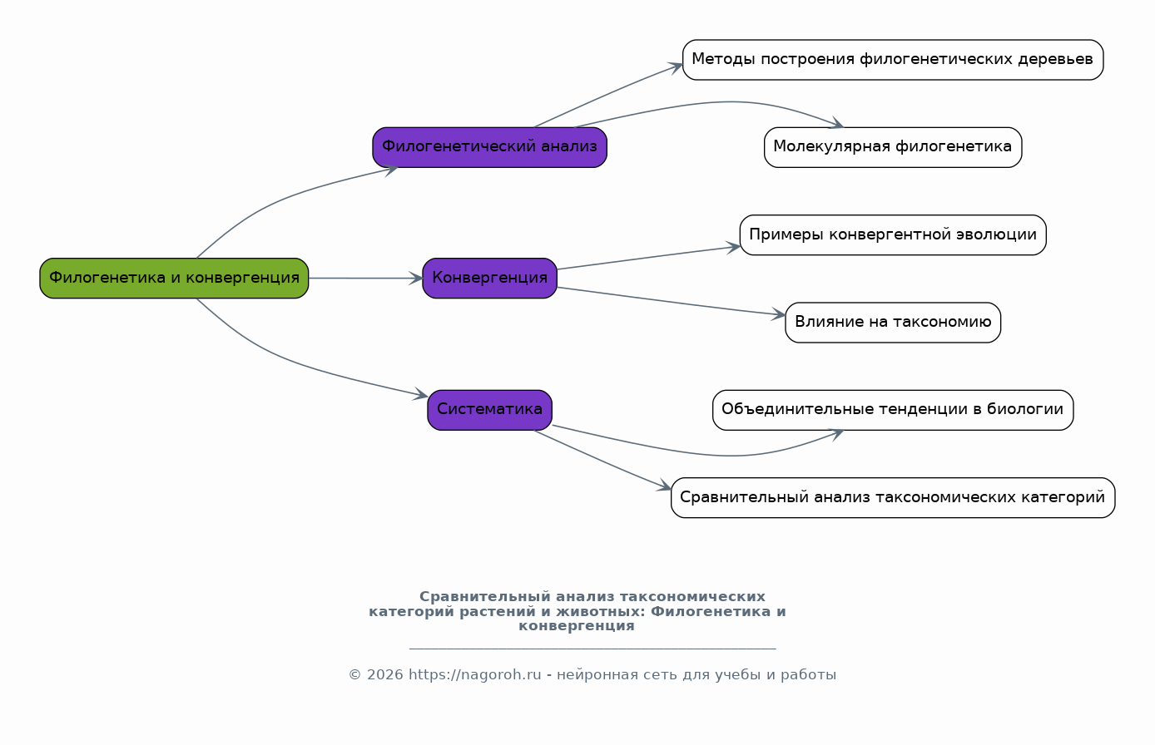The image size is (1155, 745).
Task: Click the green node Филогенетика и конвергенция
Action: pyautogui.click(x=174, y=279)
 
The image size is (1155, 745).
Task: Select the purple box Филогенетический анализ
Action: pyautogui.click(x=490, y=147)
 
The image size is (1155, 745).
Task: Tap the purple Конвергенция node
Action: pyautogui.click(x=490, y=279)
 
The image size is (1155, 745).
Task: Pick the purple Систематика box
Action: pyautogui.click(x=490, y=410)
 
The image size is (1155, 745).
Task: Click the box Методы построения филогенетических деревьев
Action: pyautogui.click(x=893, y=60)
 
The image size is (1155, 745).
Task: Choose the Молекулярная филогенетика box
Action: pyautogui.click(x=893, y=147)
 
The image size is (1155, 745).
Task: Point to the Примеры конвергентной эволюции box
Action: pyautogui.click(x=893, y=235)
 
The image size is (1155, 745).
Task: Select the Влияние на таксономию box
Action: pyautogui.click(x=893, y=323)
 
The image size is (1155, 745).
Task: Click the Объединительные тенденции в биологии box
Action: pyautogui.click(x=893, y=410)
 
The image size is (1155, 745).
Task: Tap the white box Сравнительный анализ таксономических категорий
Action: pyautogui.click(x=893, y=498)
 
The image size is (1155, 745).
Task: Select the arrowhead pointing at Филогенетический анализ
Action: pyautogui.click(x=391, y=170)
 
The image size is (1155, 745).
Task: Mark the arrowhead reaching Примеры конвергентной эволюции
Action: pyautogui.click(x=734, y=248)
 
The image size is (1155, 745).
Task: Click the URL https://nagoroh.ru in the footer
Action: pyautogui.click(x=475, y=674)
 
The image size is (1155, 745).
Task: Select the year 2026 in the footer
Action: pyautogui.click(x=384, y=674)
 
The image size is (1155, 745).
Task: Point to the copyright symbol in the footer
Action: pyautogui.click(x=354, y=675)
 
